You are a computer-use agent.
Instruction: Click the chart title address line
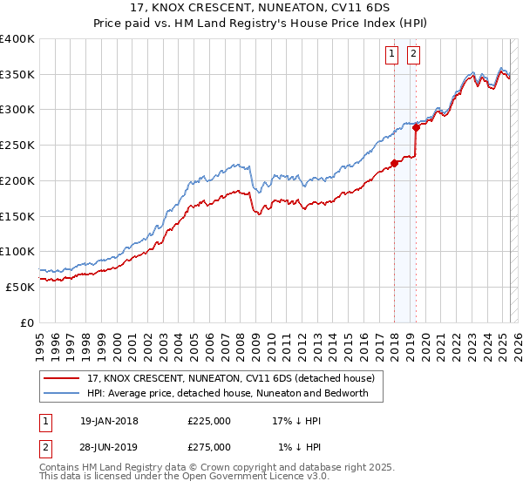261,9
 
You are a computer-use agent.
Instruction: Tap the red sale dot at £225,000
394,162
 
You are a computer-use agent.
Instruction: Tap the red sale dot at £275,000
417,127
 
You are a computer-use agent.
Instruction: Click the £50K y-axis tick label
21,286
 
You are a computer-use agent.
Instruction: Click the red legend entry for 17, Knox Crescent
230,378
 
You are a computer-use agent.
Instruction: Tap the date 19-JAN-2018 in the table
108,421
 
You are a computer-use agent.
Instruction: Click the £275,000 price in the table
209,447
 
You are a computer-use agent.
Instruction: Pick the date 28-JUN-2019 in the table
108,447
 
